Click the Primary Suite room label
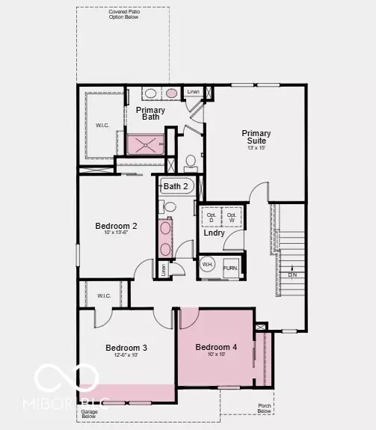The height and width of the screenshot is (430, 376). [256, 138]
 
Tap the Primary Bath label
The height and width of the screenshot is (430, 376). [151, 113]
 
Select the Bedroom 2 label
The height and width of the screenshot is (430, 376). [116, 226]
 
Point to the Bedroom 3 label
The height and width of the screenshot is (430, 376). [126, 348]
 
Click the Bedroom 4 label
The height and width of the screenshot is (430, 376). [216, 347]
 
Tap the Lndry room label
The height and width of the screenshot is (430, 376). [215, 233]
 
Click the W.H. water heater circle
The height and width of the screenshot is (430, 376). [207, 265]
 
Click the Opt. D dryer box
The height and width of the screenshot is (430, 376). [211, 218]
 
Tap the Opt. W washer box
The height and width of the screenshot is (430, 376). [232, 218]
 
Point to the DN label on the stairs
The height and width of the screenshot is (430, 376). [292, 274]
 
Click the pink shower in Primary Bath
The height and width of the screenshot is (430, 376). [144, 144]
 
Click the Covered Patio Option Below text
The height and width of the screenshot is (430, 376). [123, 14]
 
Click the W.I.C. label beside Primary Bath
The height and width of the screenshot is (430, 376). [102, 125]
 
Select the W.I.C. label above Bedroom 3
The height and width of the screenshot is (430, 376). [104, 295]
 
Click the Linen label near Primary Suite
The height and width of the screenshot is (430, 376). [194, 92]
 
